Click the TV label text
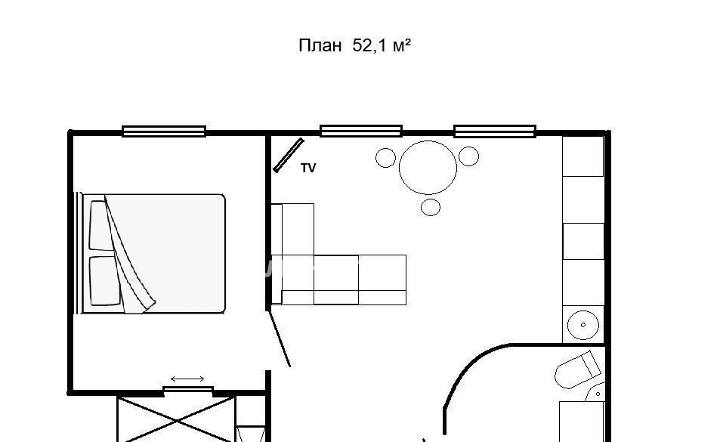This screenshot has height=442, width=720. tap(308, 168)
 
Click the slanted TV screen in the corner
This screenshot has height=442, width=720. tap(289, 156)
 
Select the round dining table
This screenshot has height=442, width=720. tap(428, 168)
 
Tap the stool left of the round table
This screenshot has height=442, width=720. tap(386, 158)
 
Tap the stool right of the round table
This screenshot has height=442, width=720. tap(469, 156)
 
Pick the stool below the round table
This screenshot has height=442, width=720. tap(431, 207)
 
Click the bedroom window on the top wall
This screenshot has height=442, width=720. tap(164, 131)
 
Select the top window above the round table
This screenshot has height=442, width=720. tap(361, 131)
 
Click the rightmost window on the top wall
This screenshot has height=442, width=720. tap(495, 131)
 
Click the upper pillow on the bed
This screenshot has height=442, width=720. tap(99, 226)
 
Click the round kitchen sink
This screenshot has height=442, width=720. tap(583, 325)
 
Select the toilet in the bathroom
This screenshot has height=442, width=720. tap(578, 370)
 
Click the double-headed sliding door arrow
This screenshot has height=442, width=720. tap(187, 379)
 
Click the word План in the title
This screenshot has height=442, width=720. tap(320, 46)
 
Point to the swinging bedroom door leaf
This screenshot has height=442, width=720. tap(279, 338)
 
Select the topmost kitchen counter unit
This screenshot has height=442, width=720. tap(583, 156)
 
